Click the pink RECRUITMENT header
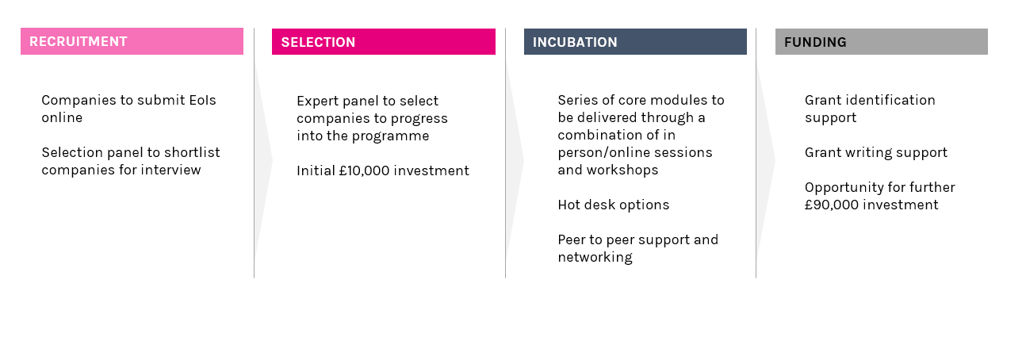132,41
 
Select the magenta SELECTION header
384,42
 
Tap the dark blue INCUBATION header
635,42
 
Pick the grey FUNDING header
881,42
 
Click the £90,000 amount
830,205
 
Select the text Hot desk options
614,205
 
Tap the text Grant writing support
876,152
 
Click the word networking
595,257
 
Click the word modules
679,100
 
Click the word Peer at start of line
571,239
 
